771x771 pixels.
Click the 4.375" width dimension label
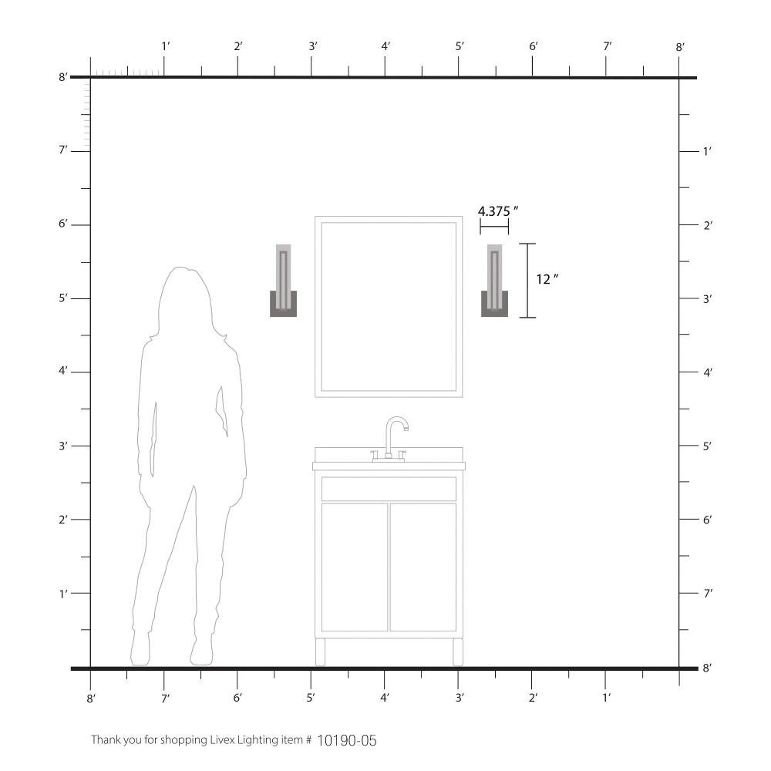pos(498,211)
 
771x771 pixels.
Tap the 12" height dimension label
pos(547,279)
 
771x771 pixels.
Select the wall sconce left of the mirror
pos(283,281)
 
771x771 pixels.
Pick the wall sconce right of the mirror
pos(495,281)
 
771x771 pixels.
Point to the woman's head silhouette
pos(185,300)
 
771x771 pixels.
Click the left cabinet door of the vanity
pos(355,567)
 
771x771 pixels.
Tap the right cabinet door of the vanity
pos(423,567)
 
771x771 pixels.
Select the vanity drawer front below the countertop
pos(389,489)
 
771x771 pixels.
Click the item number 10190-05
pos(347,740)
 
